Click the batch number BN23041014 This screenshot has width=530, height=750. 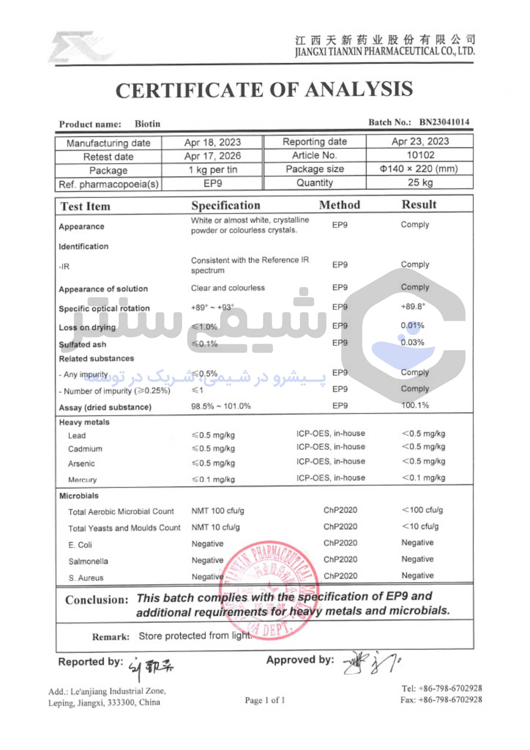click(444, 122)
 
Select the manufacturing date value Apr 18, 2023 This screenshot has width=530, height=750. click(212, 142)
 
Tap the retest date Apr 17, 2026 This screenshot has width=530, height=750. click(212, 156)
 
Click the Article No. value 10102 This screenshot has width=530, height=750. click(420, 155)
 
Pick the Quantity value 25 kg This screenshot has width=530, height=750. click(420, 182)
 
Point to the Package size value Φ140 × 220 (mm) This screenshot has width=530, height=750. click(419, 168)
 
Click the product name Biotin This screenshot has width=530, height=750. click(147, 124)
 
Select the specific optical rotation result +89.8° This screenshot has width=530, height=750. click(413, 306)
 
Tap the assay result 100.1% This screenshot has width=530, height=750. click(415, 405)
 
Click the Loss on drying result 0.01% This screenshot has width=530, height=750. click(412, 325)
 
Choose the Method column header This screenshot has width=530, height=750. click(340, 205)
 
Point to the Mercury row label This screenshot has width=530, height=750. click(82, 480)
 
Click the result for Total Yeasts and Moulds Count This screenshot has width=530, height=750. click(420, 526)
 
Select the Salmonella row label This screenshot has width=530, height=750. click(88, 561)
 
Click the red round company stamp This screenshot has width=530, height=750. click(269, 590)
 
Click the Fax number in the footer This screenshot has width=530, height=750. click(441, 699)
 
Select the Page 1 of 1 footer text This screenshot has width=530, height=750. click(265, 700)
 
